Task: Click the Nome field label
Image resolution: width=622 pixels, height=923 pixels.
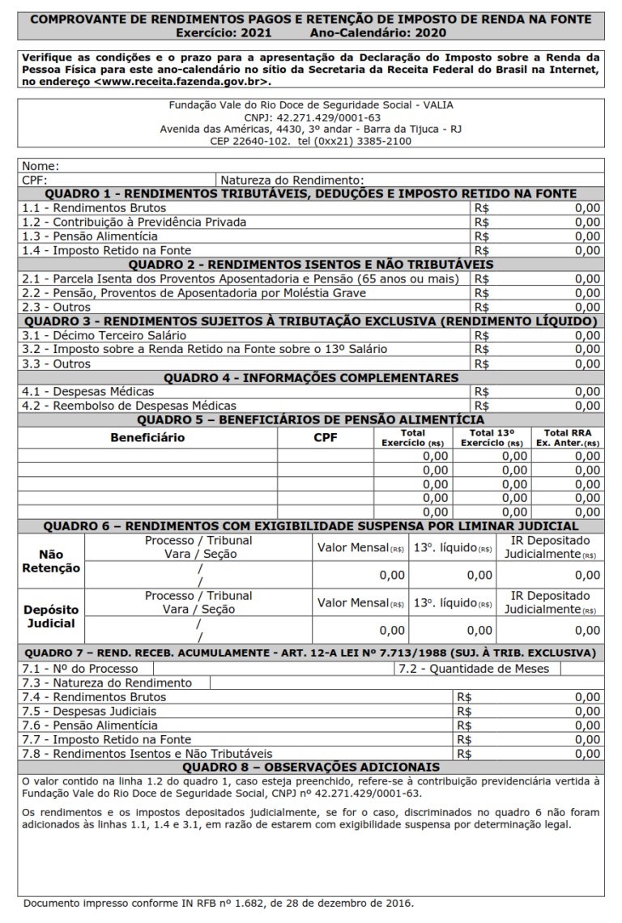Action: pos(40,166)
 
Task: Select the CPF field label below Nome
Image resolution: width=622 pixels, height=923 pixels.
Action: pos(35,180)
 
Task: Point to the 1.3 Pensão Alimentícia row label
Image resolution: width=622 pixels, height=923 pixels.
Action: pos(90,236)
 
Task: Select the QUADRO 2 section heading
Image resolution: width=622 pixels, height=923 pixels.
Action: pos(311,265)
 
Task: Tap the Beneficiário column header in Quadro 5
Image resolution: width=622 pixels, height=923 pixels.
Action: pos(147,438)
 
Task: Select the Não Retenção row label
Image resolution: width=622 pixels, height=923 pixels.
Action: pos(51,561)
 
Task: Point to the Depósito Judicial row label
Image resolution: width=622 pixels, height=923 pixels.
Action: pos(51,616)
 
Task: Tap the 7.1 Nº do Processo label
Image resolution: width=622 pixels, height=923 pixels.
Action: pos(80,669)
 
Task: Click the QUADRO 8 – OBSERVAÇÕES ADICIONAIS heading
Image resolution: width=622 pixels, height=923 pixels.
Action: pos(311,767)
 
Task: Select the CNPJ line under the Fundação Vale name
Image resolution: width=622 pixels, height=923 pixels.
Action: pos(312,117)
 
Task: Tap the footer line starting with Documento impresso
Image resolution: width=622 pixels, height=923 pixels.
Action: pos(218,903)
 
